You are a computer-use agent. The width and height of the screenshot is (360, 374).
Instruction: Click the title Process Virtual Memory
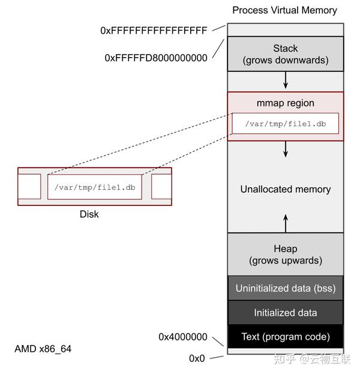click(284, 10)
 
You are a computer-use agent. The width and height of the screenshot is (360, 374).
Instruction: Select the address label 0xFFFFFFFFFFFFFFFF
click(154, 30)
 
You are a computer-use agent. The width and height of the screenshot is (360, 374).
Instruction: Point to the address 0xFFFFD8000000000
click(155, 58)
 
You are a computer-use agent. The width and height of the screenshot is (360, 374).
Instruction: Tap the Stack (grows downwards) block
click(286, 54)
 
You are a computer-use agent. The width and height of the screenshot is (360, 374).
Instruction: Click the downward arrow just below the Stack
click(286, 80)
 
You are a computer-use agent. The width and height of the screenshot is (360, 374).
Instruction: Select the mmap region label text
click(286, 103)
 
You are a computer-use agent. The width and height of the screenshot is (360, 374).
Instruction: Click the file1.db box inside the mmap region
click(285, 124)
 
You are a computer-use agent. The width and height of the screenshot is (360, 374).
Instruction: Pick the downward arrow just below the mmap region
click(286, 149)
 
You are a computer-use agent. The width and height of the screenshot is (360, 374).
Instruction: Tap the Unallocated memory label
click(286, 189)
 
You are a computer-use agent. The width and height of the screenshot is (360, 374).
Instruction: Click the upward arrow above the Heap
click(286, 223)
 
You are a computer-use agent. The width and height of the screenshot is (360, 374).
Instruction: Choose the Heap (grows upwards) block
click(286, 255)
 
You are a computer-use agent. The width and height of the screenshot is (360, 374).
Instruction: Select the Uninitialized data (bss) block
click(286, 288)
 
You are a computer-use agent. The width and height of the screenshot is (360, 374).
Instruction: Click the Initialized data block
click(286, 313)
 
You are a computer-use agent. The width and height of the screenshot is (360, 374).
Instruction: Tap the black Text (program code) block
click(286, 336)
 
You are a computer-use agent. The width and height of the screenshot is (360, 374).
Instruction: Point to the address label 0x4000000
click(183, 337)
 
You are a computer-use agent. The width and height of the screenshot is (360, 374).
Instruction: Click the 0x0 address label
click(197, 358)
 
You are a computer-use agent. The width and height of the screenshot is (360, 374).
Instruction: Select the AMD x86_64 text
click(43, 349)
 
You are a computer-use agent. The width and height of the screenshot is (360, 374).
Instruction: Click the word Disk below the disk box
click(89, 214)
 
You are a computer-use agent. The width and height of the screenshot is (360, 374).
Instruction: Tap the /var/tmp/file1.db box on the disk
click(95, 187)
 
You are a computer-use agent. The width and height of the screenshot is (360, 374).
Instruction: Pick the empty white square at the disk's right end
click(161, 186)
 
